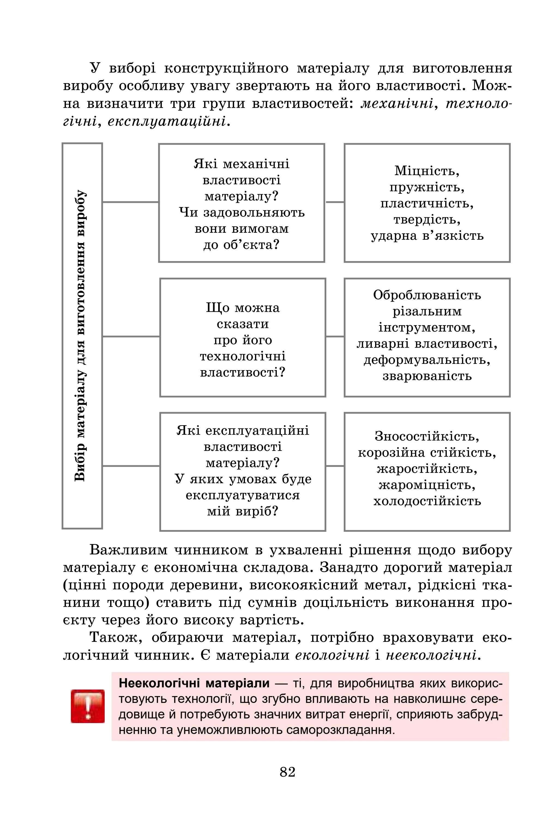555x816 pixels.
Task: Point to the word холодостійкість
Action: click(x=427, y=501)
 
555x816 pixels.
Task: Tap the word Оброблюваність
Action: click(x=427, y=295)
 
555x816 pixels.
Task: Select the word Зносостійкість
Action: click(x=427, y=436)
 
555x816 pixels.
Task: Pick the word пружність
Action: click(x=427, y=187)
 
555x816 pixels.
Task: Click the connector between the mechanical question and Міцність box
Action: click(x=334, y=202)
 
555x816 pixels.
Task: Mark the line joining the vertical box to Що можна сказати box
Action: click(x=131, y=336)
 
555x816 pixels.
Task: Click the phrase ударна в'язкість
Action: click(x=427, y=235)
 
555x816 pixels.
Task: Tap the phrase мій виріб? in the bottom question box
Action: click(x=242, y=511)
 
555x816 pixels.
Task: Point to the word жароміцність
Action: click(x=427, y=485)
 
